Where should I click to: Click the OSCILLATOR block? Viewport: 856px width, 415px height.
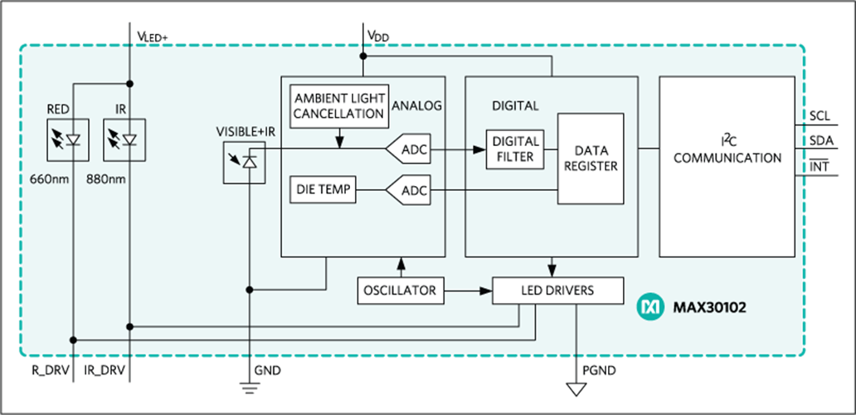401,290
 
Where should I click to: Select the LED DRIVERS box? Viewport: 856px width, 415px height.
557,290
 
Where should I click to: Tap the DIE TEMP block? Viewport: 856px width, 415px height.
323,189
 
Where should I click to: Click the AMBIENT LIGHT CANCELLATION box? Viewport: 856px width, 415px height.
339,106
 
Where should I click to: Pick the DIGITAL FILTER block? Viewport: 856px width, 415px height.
515,149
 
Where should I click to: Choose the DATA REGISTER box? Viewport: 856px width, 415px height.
590,159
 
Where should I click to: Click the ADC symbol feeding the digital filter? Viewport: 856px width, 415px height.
408,149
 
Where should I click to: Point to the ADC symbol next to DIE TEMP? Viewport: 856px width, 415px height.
408,190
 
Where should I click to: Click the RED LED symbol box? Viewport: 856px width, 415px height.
68,139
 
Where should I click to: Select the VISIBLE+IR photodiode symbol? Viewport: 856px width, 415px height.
244,162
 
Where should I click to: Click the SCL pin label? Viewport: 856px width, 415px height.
819,116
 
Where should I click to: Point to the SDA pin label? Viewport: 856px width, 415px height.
821,140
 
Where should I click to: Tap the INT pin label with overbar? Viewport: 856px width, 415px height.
819,165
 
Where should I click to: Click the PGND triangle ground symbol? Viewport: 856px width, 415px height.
576,389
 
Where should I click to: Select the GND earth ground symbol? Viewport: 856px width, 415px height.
250,388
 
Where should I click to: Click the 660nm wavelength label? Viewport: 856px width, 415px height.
51,178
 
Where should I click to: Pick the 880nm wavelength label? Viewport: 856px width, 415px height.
106,178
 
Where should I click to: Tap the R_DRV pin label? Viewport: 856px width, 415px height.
51,371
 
